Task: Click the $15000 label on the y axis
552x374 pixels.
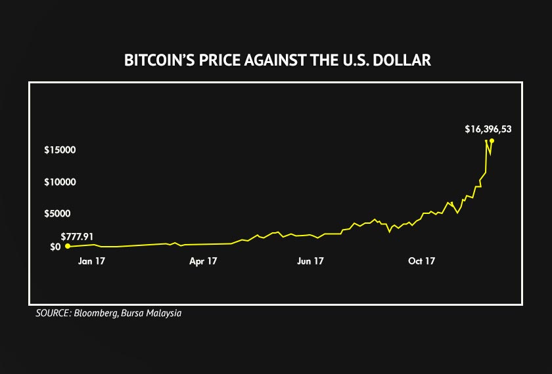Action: [60, 150]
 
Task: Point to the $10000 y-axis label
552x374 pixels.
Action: [60, 182]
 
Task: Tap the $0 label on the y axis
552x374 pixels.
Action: [55, 247]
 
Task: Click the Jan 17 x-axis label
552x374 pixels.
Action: [91, 261]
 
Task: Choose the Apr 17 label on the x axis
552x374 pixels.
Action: [203, 261]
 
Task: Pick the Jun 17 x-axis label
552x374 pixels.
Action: [310, 261]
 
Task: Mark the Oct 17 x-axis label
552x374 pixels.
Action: [421, 261]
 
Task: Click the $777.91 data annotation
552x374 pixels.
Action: [77, 236]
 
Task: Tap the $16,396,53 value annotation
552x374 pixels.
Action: [488, 129]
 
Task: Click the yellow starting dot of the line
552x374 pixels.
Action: [67, 246]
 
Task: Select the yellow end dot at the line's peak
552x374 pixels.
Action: [492, 140]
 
